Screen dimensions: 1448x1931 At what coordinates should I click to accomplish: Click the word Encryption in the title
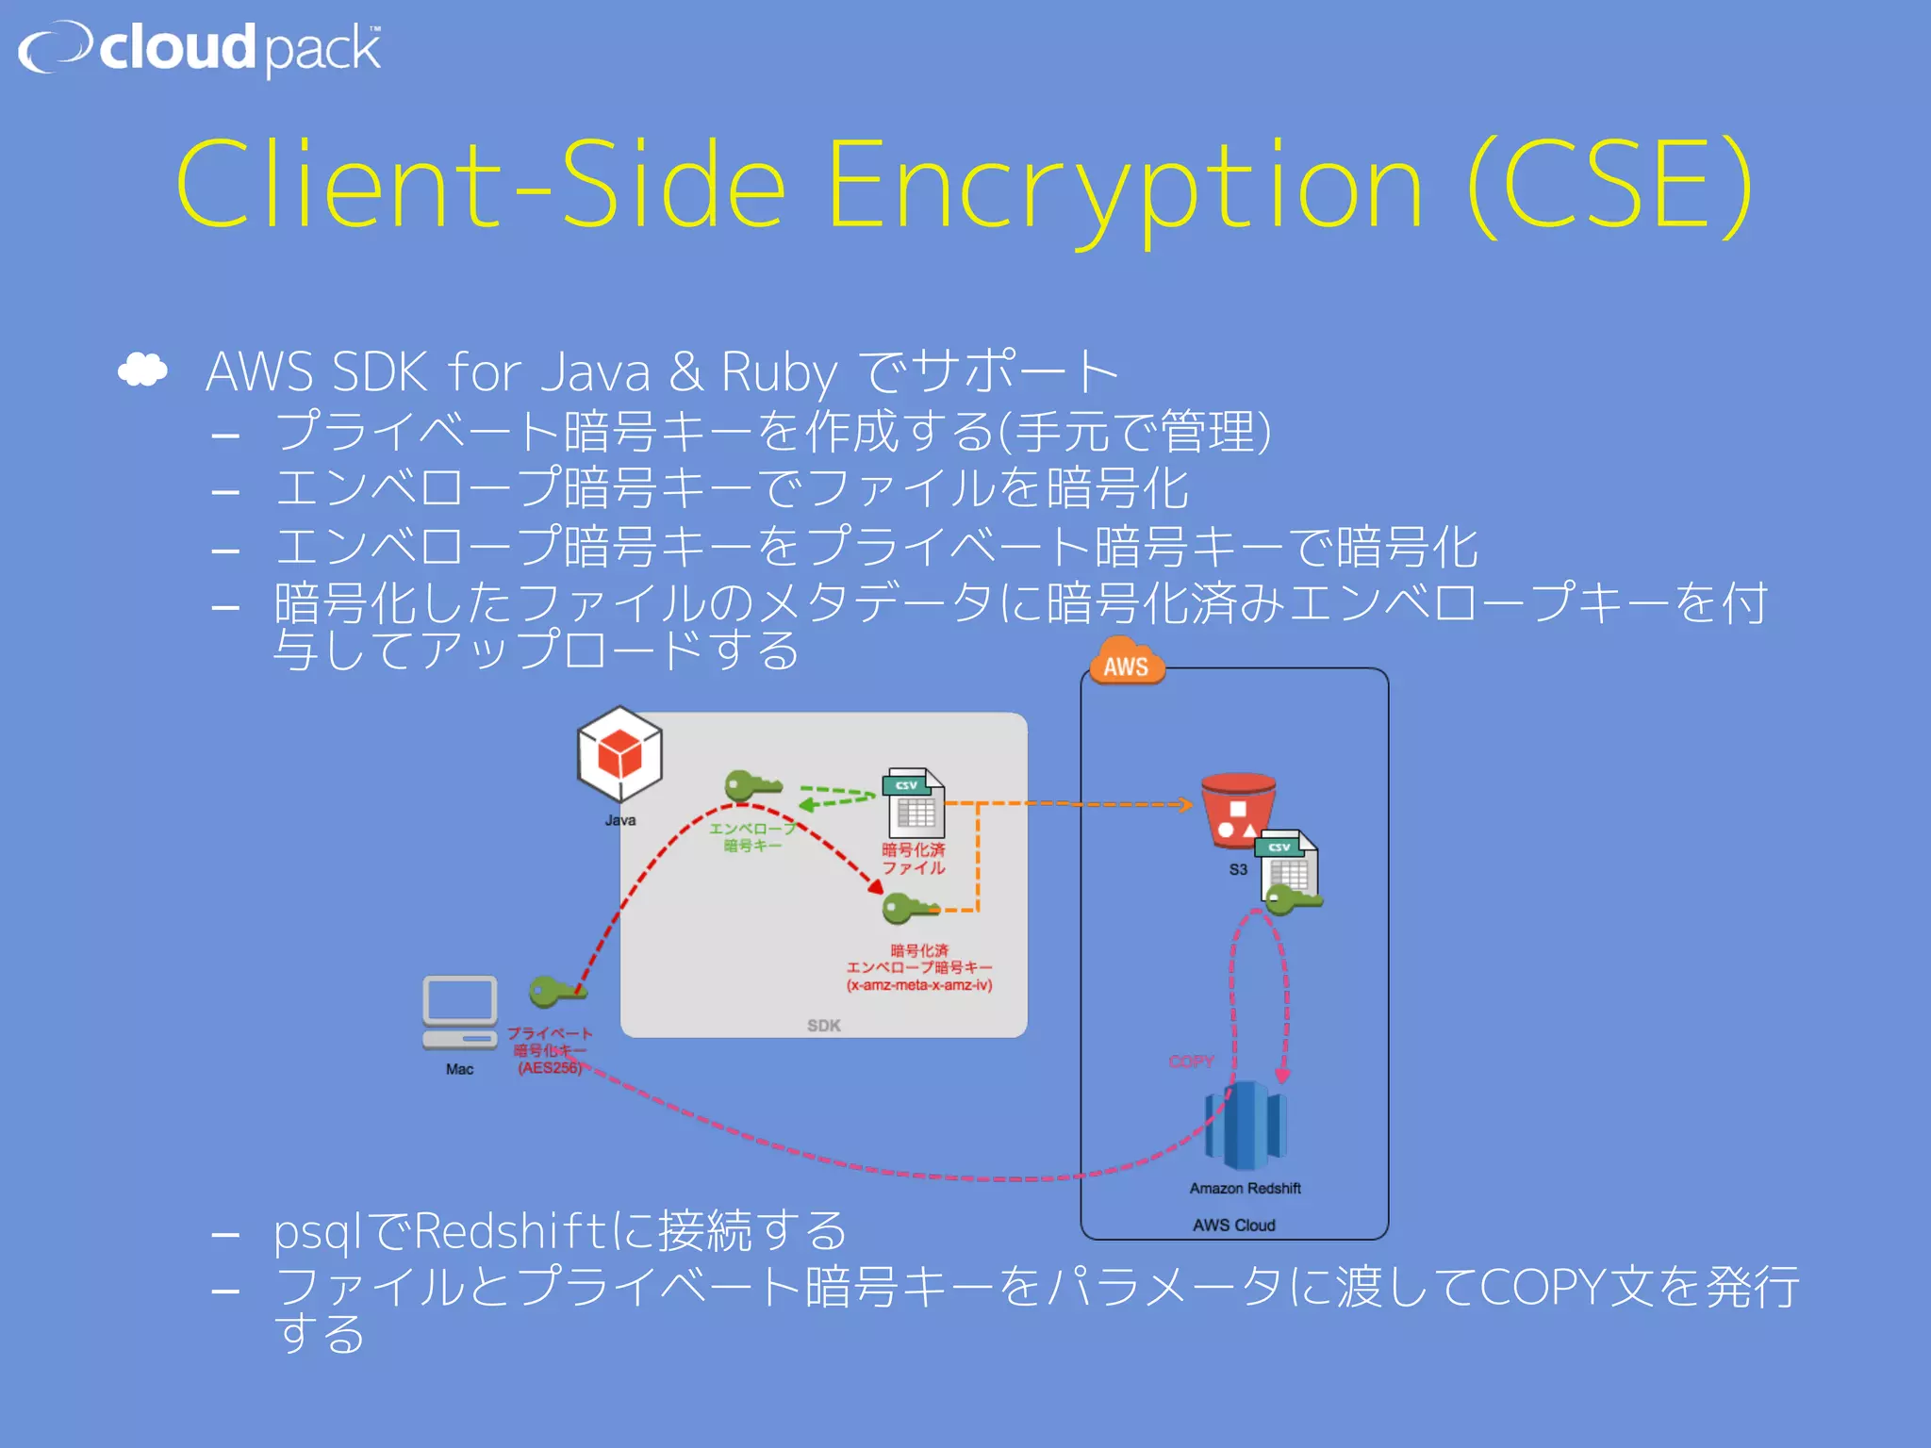1124,186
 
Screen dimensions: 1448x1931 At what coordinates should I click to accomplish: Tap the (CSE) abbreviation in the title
1610,186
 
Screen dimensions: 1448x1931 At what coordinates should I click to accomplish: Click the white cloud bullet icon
142,370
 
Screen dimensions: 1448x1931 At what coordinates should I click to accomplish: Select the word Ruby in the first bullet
779,371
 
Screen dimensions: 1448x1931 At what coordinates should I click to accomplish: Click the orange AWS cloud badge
1126,663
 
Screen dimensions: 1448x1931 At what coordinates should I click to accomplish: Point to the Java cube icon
619,756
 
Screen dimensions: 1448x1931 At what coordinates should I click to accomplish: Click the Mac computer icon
459,1013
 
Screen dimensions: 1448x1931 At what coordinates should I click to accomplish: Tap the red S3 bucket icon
1237,811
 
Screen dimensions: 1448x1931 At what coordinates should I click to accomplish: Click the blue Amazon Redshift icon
1246,1126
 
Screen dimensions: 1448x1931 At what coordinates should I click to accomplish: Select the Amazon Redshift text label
1245,1189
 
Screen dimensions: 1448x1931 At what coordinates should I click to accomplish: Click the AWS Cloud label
1233,1226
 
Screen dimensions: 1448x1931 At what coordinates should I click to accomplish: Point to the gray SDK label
823,1026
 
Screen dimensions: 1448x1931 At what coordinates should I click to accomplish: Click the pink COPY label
1191,1061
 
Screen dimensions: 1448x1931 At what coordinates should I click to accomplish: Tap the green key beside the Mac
556,992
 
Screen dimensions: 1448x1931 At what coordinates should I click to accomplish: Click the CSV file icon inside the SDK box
913,804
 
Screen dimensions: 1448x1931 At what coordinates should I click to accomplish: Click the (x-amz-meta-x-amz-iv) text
919,986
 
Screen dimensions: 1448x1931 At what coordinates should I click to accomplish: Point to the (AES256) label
550,1068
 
